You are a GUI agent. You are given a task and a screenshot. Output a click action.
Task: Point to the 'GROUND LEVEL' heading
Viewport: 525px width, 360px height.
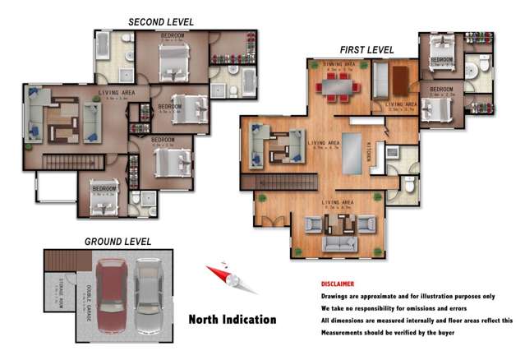pyautogui.click(x=117, y=242)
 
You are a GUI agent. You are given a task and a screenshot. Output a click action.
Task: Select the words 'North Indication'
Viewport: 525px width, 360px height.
pyautogui.click(x=233, y=320)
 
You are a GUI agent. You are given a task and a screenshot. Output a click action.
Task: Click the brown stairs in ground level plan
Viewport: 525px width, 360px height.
pyautogui.click(x=57, y=261)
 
